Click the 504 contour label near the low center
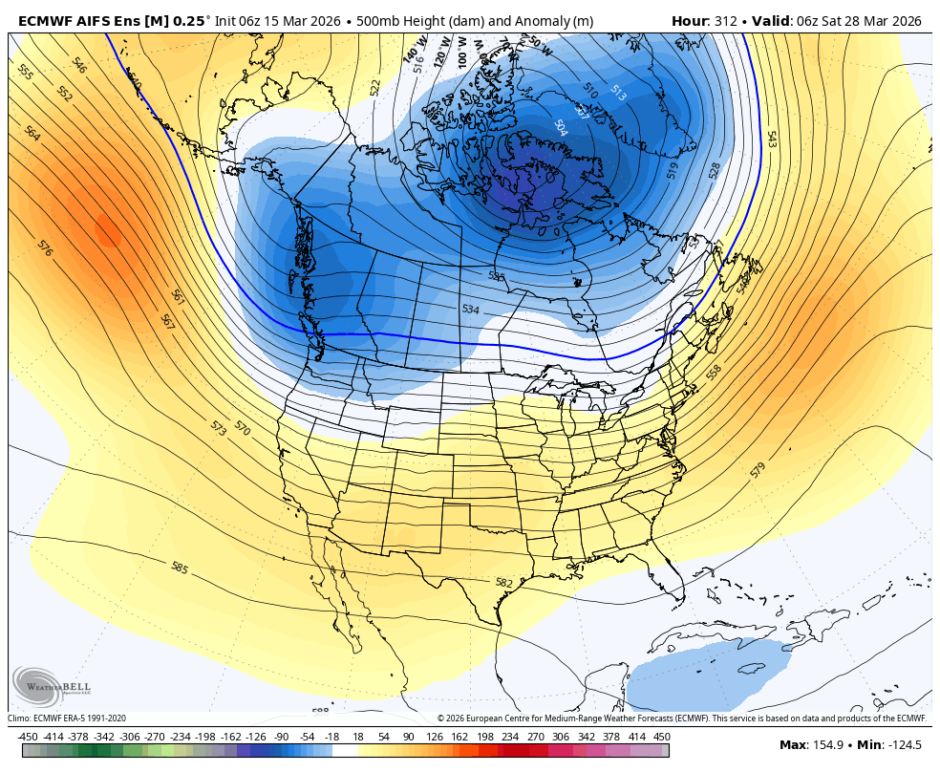(x=560, y=128)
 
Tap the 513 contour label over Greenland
(x=618, y=94)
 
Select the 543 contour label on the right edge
(x=771, y=139)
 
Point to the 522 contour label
(x=375, y=87)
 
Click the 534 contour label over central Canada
(x=470, y=310)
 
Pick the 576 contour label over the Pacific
(x=45, y=247)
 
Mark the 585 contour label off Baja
(x=179, y=568)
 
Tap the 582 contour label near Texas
(x=503, y=583)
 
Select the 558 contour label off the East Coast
(x=714, y=372)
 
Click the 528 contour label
(x=714, y=170)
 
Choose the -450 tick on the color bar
(x=28, y=737)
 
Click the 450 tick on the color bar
(x=662, y=737)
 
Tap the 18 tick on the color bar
(x=358, y=737)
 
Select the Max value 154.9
(x=827, y=745)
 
